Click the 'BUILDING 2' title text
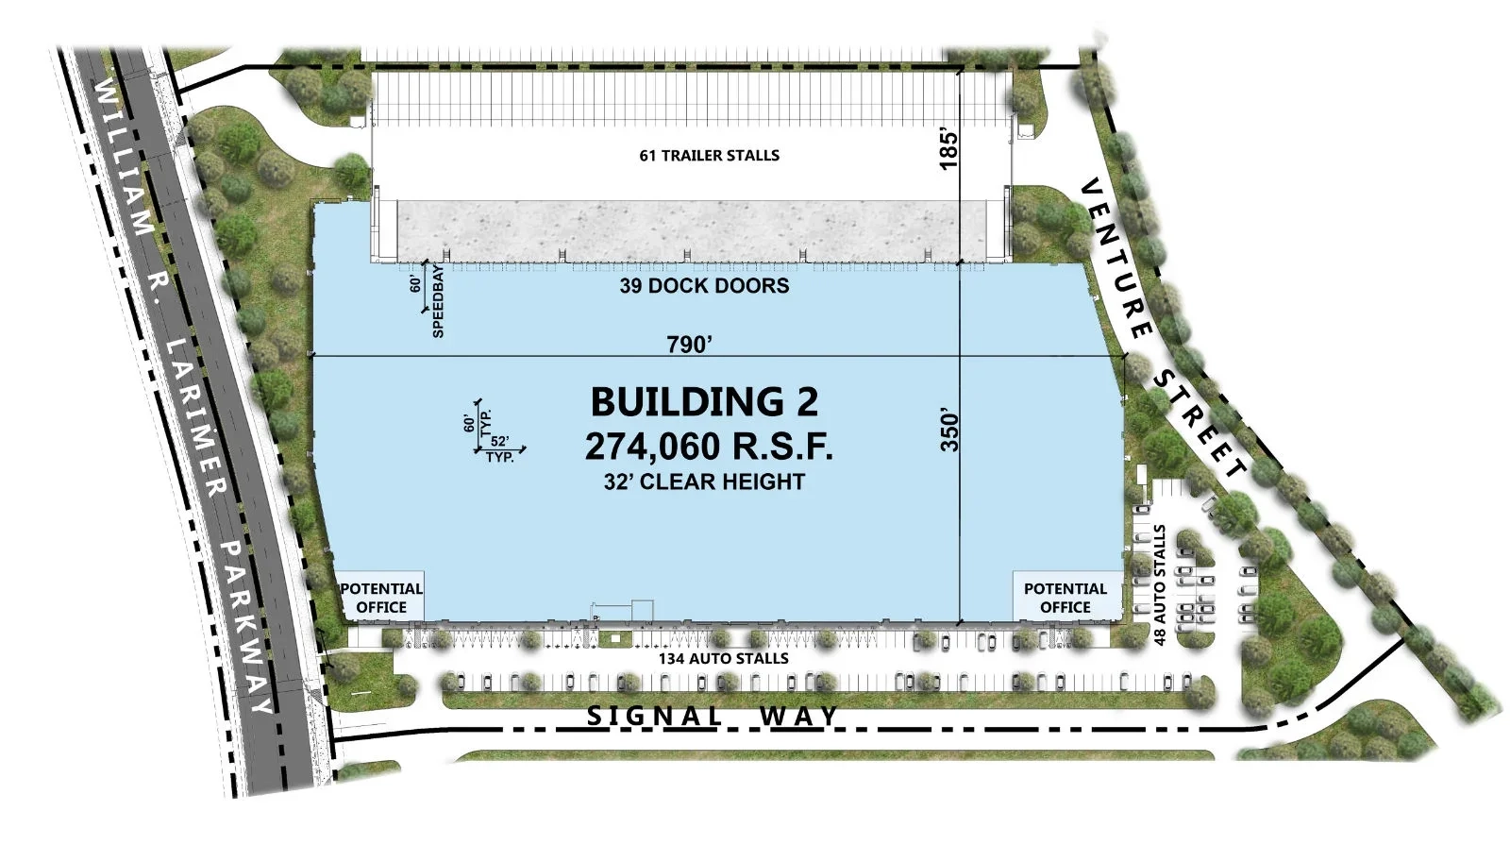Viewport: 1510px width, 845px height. click(x=704, y=402)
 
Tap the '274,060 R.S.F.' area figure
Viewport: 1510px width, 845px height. click(x=709, y=447)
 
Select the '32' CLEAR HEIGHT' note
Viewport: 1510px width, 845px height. click(x=704, y=482)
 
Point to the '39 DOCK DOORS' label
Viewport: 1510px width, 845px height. click(x=704, y=286)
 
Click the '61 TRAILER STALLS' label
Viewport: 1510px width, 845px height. click(x=709, y=156)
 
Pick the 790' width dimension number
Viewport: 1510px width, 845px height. click(x=690, y=345)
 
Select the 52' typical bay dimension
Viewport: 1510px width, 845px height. click(x=499, y=441)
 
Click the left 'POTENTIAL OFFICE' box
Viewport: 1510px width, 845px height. click(x=381, y=598)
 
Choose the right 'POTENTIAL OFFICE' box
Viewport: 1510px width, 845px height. click(x=1066, y=597)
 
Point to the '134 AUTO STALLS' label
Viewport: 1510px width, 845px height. click(x=724, y=658)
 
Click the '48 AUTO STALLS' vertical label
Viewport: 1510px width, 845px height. click(x=1160, y=585)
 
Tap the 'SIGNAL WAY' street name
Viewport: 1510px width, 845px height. click(x=713, y=716)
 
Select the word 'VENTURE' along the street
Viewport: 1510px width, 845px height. click(x=1116, y=259)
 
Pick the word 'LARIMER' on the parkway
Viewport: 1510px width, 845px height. click(x=194, y=417)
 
